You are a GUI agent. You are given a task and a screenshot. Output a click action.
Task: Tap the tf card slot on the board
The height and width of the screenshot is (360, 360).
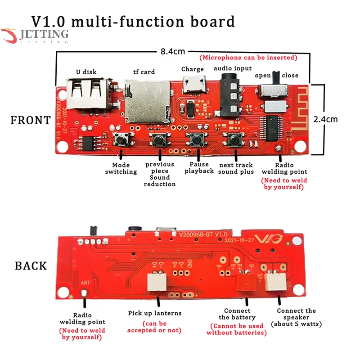coord(143,103)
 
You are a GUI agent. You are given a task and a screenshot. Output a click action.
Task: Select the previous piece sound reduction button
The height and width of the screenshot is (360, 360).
coord(158,140)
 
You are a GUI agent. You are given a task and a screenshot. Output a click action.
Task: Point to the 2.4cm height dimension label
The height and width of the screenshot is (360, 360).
coord(337,119)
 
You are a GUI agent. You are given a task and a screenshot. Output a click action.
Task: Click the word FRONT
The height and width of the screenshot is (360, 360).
coord(31,120)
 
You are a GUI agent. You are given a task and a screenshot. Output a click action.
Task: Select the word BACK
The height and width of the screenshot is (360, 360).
coord(31,265)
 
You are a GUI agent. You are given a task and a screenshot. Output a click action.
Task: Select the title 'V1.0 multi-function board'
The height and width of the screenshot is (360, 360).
coord(133,22)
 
